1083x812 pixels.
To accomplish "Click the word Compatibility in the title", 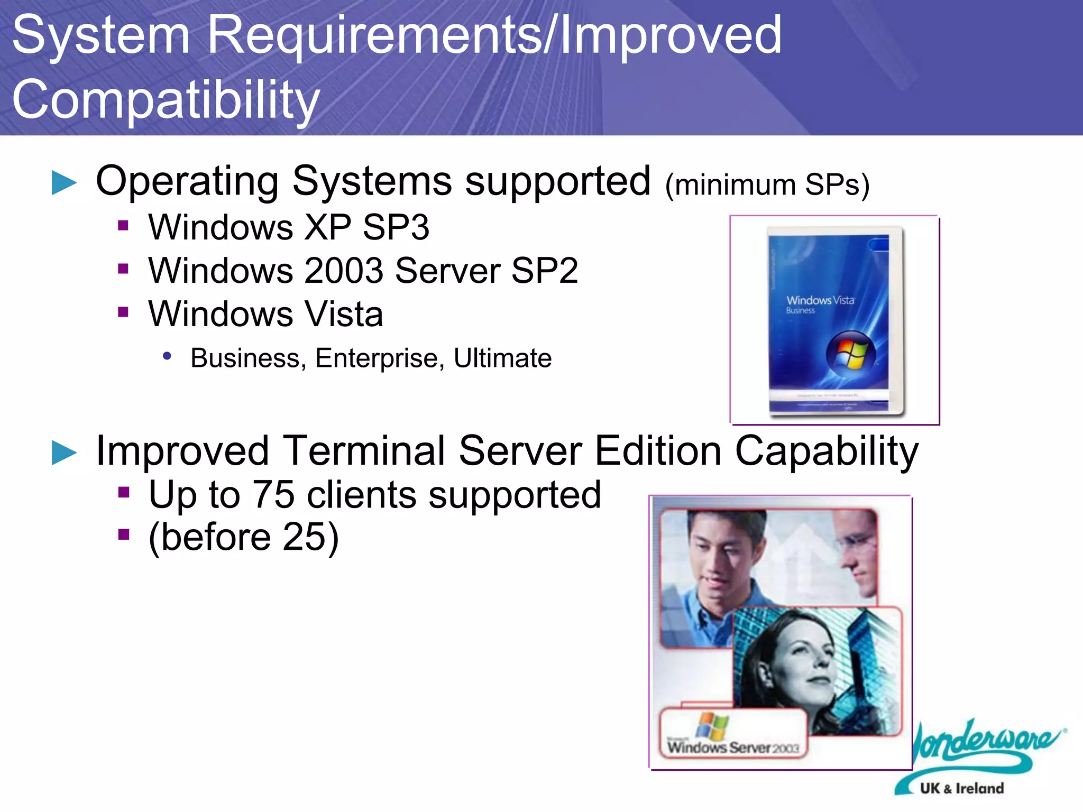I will point(166,99).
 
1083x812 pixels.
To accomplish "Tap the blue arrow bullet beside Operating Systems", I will point(65,183).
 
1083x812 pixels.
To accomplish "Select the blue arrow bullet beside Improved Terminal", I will point(65,453).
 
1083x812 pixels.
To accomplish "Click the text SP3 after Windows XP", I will point(396,228).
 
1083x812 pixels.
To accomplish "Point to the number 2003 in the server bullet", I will point(344,271).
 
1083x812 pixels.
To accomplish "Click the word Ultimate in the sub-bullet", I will point(502,358).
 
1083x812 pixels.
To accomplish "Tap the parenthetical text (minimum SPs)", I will point(767,184).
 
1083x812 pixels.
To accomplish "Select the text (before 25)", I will point(243,537).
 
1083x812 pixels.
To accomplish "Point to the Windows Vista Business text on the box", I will point(820,304).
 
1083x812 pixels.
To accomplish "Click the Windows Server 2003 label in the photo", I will point(732,747).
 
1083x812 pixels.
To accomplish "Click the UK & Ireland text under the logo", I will point(961,788).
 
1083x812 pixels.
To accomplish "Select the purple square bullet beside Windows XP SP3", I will point(123,226).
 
